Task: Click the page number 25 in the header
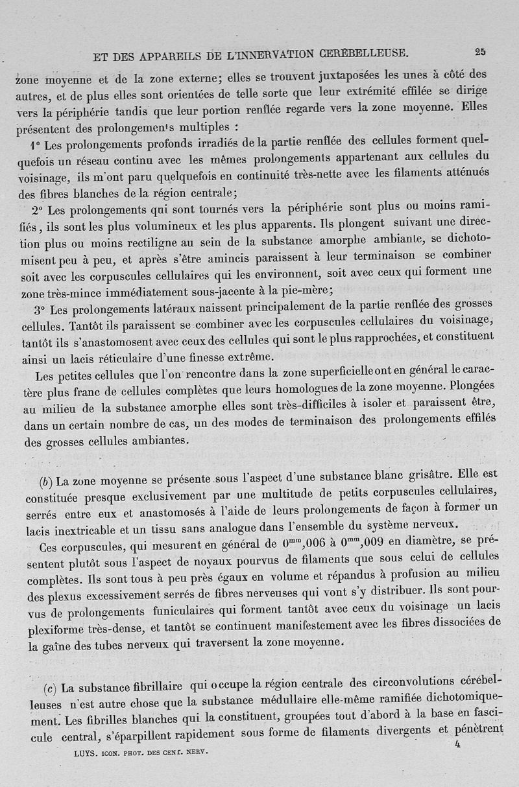tap(480, 53)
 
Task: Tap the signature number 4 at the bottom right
tap(457, 744)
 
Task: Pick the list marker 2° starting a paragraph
tap(36, 210)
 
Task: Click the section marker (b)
tap(45, 482)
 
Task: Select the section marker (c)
tap(51, 687)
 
